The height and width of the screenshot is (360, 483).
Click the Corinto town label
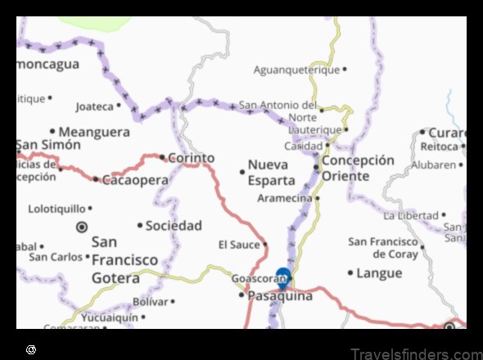point(192,158)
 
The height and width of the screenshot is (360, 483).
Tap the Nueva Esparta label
point(272,172)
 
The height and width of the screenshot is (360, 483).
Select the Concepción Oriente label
point(358,168)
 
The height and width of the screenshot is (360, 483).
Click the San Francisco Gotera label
point(124,259)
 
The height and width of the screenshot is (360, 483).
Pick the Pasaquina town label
point(280,296)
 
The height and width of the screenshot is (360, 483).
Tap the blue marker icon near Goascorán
point(283,277)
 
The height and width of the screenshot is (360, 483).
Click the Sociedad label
point(174,225)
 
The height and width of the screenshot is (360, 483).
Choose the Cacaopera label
point(135,179)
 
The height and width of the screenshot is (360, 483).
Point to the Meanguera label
point(94,131)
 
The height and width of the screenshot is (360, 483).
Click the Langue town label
point(380,273)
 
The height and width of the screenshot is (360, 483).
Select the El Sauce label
point(239,244)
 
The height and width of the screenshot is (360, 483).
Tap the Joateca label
point(94,106)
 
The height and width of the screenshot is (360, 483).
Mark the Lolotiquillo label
point(56,209)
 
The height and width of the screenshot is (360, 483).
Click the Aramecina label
point(284,198)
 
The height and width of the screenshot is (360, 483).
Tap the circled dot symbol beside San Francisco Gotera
point(81,226)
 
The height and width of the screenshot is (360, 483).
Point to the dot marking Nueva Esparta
point(241,172)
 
